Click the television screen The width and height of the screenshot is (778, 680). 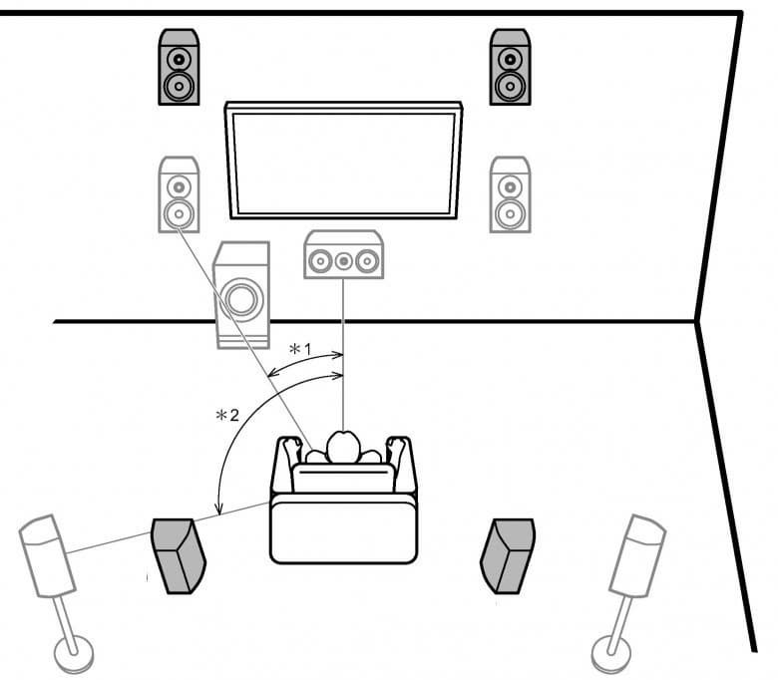344,160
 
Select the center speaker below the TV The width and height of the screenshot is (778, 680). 343,255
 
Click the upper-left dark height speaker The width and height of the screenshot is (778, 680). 179,67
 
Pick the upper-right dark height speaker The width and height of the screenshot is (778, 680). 510,67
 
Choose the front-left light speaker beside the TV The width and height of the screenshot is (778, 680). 179,195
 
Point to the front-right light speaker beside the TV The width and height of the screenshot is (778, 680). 510,195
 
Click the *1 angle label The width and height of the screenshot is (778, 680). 300,350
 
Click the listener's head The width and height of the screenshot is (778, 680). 343,447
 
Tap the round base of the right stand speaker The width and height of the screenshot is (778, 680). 610,654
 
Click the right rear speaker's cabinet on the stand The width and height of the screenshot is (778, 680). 638,553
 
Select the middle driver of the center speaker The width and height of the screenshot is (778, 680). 343,262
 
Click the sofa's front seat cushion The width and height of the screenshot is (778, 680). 343,529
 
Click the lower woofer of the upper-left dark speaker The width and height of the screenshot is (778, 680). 179,86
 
